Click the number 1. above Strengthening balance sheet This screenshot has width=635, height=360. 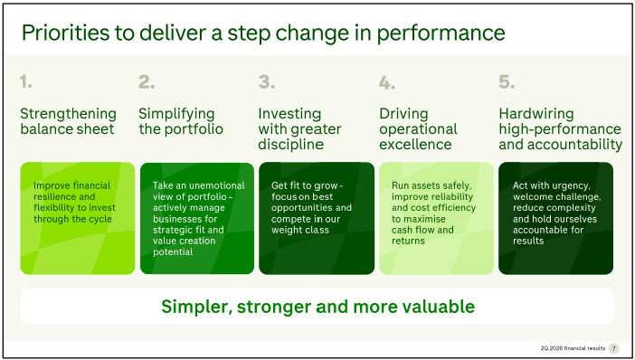26,81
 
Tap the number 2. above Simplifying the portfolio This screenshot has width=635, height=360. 147,81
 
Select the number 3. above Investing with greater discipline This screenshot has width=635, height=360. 267,81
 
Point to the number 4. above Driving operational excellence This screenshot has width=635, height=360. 387,82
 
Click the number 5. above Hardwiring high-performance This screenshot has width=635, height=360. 507,81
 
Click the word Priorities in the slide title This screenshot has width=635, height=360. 65,33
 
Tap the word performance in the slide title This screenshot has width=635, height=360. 441,33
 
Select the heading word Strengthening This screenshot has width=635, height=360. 69,114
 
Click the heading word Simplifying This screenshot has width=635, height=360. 176,114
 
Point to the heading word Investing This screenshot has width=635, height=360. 289,114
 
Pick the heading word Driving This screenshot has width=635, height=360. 403,114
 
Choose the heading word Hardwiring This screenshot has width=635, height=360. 536,114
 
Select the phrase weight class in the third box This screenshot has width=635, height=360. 300,230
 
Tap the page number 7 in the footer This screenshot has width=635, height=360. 614,348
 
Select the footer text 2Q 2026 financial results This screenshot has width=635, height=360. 573,348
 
